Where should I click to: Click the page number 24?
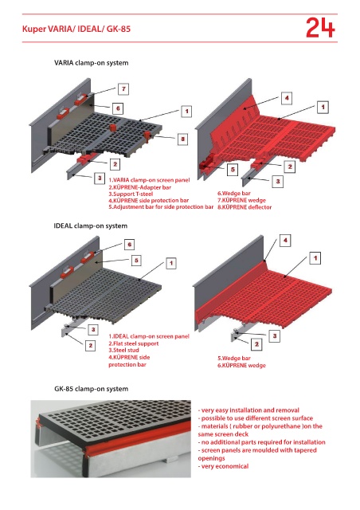tap(320, 28)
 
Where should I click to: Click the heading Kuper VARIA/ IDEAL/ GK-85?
tap(76, 29)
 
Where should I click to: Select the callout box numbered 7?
tap(123, 88)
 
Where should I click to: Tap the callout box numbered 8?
tap(182, 139)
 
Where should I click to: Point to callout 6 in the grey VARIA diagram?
tap(118, 108)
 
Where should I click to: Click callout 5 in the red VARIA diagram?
tap(233, 170)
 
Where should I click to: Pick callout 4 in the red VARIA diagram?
tap(287, 98)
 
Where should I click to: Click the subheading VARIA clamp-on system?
tap(91, 63)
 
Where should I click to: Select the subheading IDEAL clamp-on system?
tap(91, 226)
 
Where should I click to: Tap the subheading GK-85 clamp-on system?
tap(91, 389)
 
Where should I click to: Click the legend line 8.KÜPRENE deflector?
tap(245, 207)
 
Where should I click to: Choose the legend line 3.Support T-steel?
tap(131, 194)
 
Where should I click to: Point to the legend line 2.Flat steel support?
tap(134, 343)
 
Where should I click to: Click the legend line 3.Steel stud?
tap(123, 351)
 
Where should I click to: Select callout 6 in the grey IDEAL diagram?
tap(130, 245)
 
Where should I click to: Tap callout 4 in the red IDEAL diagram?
tap(285, 241)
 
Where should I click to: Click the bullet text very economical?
tap(224, 466)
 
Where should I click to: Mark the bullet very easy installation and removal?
tap(248, 410)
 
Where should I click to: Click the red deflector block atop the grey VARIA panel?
tap(114, 127)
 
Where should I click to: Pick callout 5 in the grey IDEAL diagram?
tap(136, 261)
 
